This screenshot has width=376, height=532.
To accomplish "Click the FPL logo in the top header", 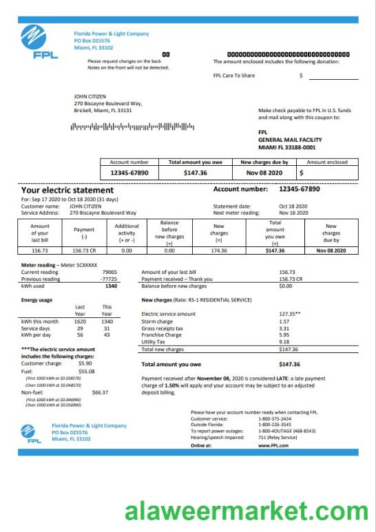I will [34, 41].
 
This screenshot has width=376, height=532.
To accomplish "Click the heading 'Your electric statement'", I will [67, 190].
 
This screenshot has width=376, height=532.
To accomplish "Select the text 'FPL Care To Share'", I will [233, 76].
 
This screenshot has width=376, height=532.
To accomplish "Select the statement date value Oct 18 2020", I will [293, 206].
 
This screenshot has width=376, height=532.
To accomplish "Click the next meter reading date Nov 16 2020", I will [293, 213].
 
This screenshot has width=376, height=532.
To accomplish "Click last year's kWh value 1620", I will [80, 321].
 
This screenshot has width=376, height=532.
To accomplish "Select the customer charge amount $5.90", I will [85, 363].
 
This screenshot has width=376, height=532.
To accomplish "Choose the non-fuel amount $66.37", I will [100, 392].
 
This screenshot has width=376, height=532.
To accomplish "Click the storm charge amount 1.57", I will [284, 321].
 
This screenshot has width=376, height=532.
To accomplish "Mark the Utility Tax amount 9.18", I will [284, 341].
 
